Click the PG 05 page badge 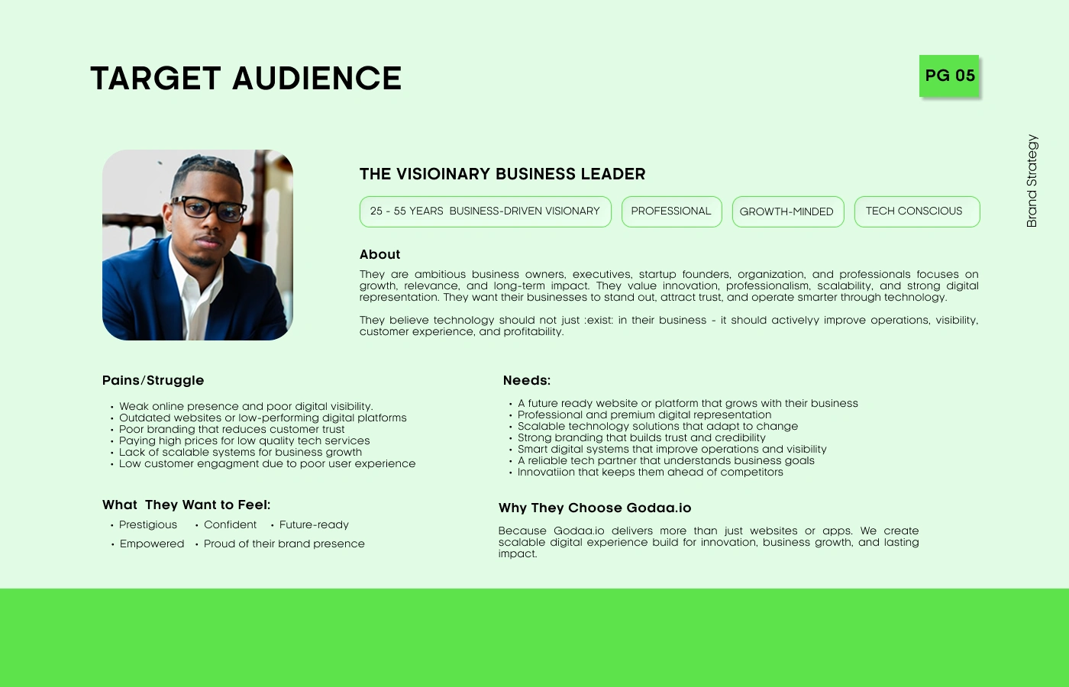[x=949, y=76]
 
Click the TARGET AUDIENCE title [x=246, y=78]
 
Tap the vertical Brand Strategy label [x=1032, y=181]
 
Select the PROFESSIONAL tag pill [x=671, y=211]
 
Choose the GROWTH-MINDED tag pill [x=788, y=211]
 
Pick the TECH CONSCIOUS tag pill [x=917, y=211]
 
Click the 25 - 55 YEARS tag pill [x=486, y=211]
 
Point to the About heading [x=380, y=254]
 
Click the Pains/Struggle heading [x=153, y=380]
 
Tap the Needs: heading [x=527, y=380]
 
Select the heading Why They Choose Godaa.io [x=595, y=508]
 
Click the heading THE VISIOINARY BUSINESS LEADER [x=502, y=174]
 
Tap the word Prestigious [x=148, y=525]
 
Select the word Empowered [x=152, y=543]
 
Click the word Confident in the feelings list [x=230, y=525]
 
